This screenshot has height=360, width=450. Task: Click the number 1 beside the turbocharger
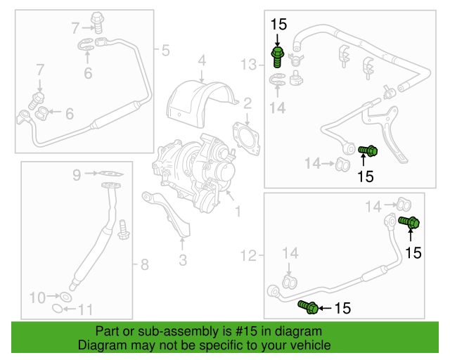pos(238,212)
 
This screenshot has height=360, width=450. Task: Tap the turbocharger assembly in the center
pos(194,172)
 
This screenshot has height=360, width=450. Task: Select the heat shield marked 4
pos(201,103)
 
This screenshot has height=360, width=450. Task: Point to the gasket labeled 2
pos(246,138)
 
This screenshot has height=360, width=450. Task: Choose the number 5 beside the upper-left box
pos(166,50)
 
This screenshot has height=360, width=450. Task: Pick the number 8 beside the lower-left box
pos(144,264)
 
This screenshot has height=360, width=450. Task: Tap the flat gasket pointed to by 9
pos(111,174)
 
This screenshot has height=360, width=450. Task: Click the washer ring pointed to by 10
pos(65,297)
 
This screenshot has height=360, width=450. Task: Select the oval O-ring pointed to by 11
pos(58,309)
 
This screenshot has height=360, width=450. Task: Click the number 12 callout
pos(248,255)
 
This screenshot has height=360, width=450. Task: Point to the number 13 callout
pos(248,65)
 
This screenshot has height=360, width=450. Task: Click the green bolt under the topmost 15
pos(278,57)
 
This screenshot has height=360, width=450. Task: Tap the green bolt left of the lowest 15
pos(308,307)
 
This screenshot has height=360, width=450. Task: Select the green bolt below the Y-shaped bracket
pos(368,150)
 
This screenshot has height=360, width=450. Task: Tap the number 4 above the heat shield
pos(202,60)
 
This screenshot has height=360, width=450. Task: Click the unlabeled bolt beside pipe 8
pos(124,230)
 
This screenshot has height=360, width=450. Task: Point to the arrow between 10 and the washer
pos(53,296)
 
